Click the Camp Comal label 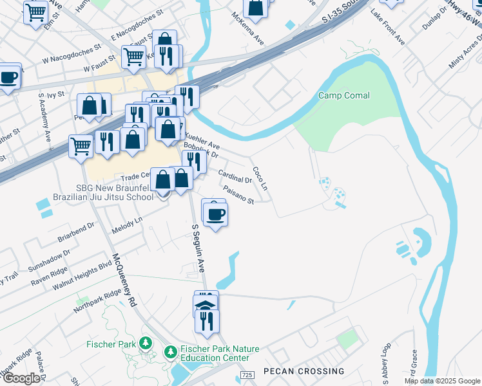344,96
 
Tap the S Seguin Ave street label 199,247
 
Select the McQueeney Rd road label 125,280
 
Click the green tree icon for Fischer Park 146,344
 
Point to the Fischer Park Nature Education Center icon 170,352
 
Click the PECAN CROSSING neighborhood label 304,371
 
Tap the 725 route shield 247,374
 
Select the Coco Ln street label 260,178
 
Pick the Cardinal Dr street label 235,176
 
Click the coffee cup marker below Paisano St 215,214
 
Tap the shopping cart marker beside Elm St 35,12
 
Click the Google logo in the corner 21,378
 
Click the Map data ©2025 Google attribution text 442,381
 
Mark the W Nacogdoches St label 72,56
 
